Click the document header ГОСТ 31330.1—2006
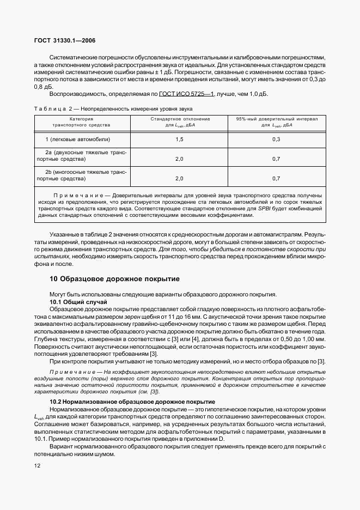(x=65, y=41)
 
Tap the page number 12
(x=36, y=465)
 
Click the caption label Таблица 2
(x=52, y=110)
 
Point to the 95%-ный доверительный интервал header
(x=276, y=118)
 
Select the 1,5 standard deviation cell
(x=179, y=139)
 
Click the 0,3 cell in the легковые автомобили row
(x=276, y=139)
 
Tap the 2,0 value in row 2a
(x=179, y=159)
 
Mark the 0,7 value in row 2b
(x=276, y=178)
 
